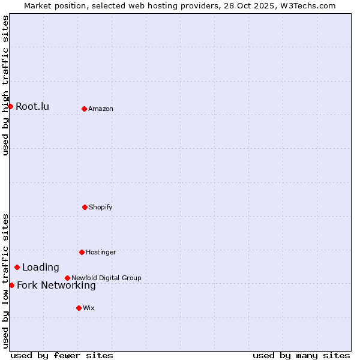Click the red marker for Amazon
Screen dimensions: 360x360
point(84,109)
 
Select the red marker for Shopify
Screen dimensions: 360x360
point(85,207)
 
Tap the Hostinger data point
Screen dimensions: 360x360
point(82,252)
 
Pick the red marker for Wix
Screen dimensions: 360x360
point(79,308)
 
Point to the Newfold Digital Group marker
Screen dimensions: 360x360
point(67,278)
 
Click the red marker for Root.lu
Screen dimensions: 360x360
point(10,106)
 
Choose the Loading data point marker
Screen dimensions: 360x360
point(17,267)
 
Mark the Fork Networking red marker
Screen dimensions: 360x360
point(11,285)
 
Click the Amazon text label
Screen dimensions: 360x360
point(101,109)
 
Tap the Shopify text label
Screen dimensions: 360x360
point(101,207)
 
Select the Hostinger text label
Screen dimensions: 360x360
point(101,252)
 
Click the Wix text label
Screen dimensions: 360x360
point(89,308)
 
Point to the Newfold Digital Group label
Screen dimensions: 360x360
point(106,278)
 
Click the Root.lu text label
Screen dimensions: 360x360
point(32,107)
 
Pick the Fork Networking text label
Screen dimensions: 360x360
point(56,286)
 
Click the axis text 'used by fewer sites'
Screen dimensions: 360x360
point(62,355)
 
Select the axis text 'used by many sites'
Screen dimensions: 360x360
point(301,355)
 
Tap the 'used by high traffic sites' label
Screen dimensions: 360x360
point(6,86)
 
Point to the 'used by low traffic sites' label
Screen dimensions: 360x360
point(6,281)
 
